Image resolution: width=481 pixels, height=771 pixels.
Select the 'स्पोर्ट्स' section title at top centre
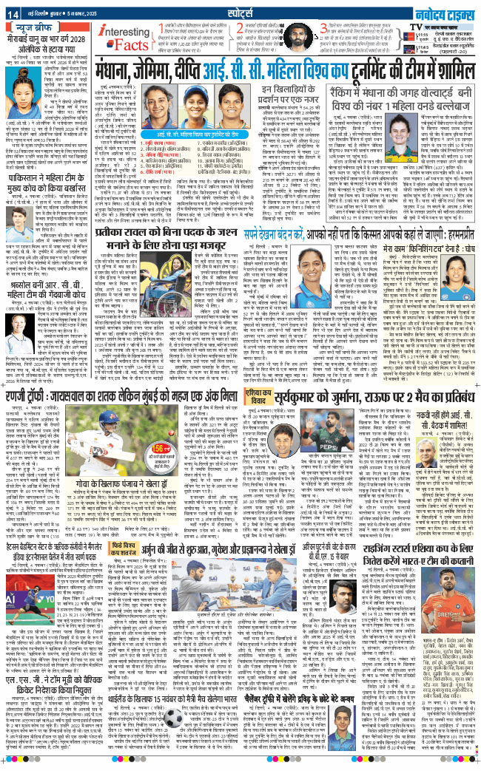click(240, 11)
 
